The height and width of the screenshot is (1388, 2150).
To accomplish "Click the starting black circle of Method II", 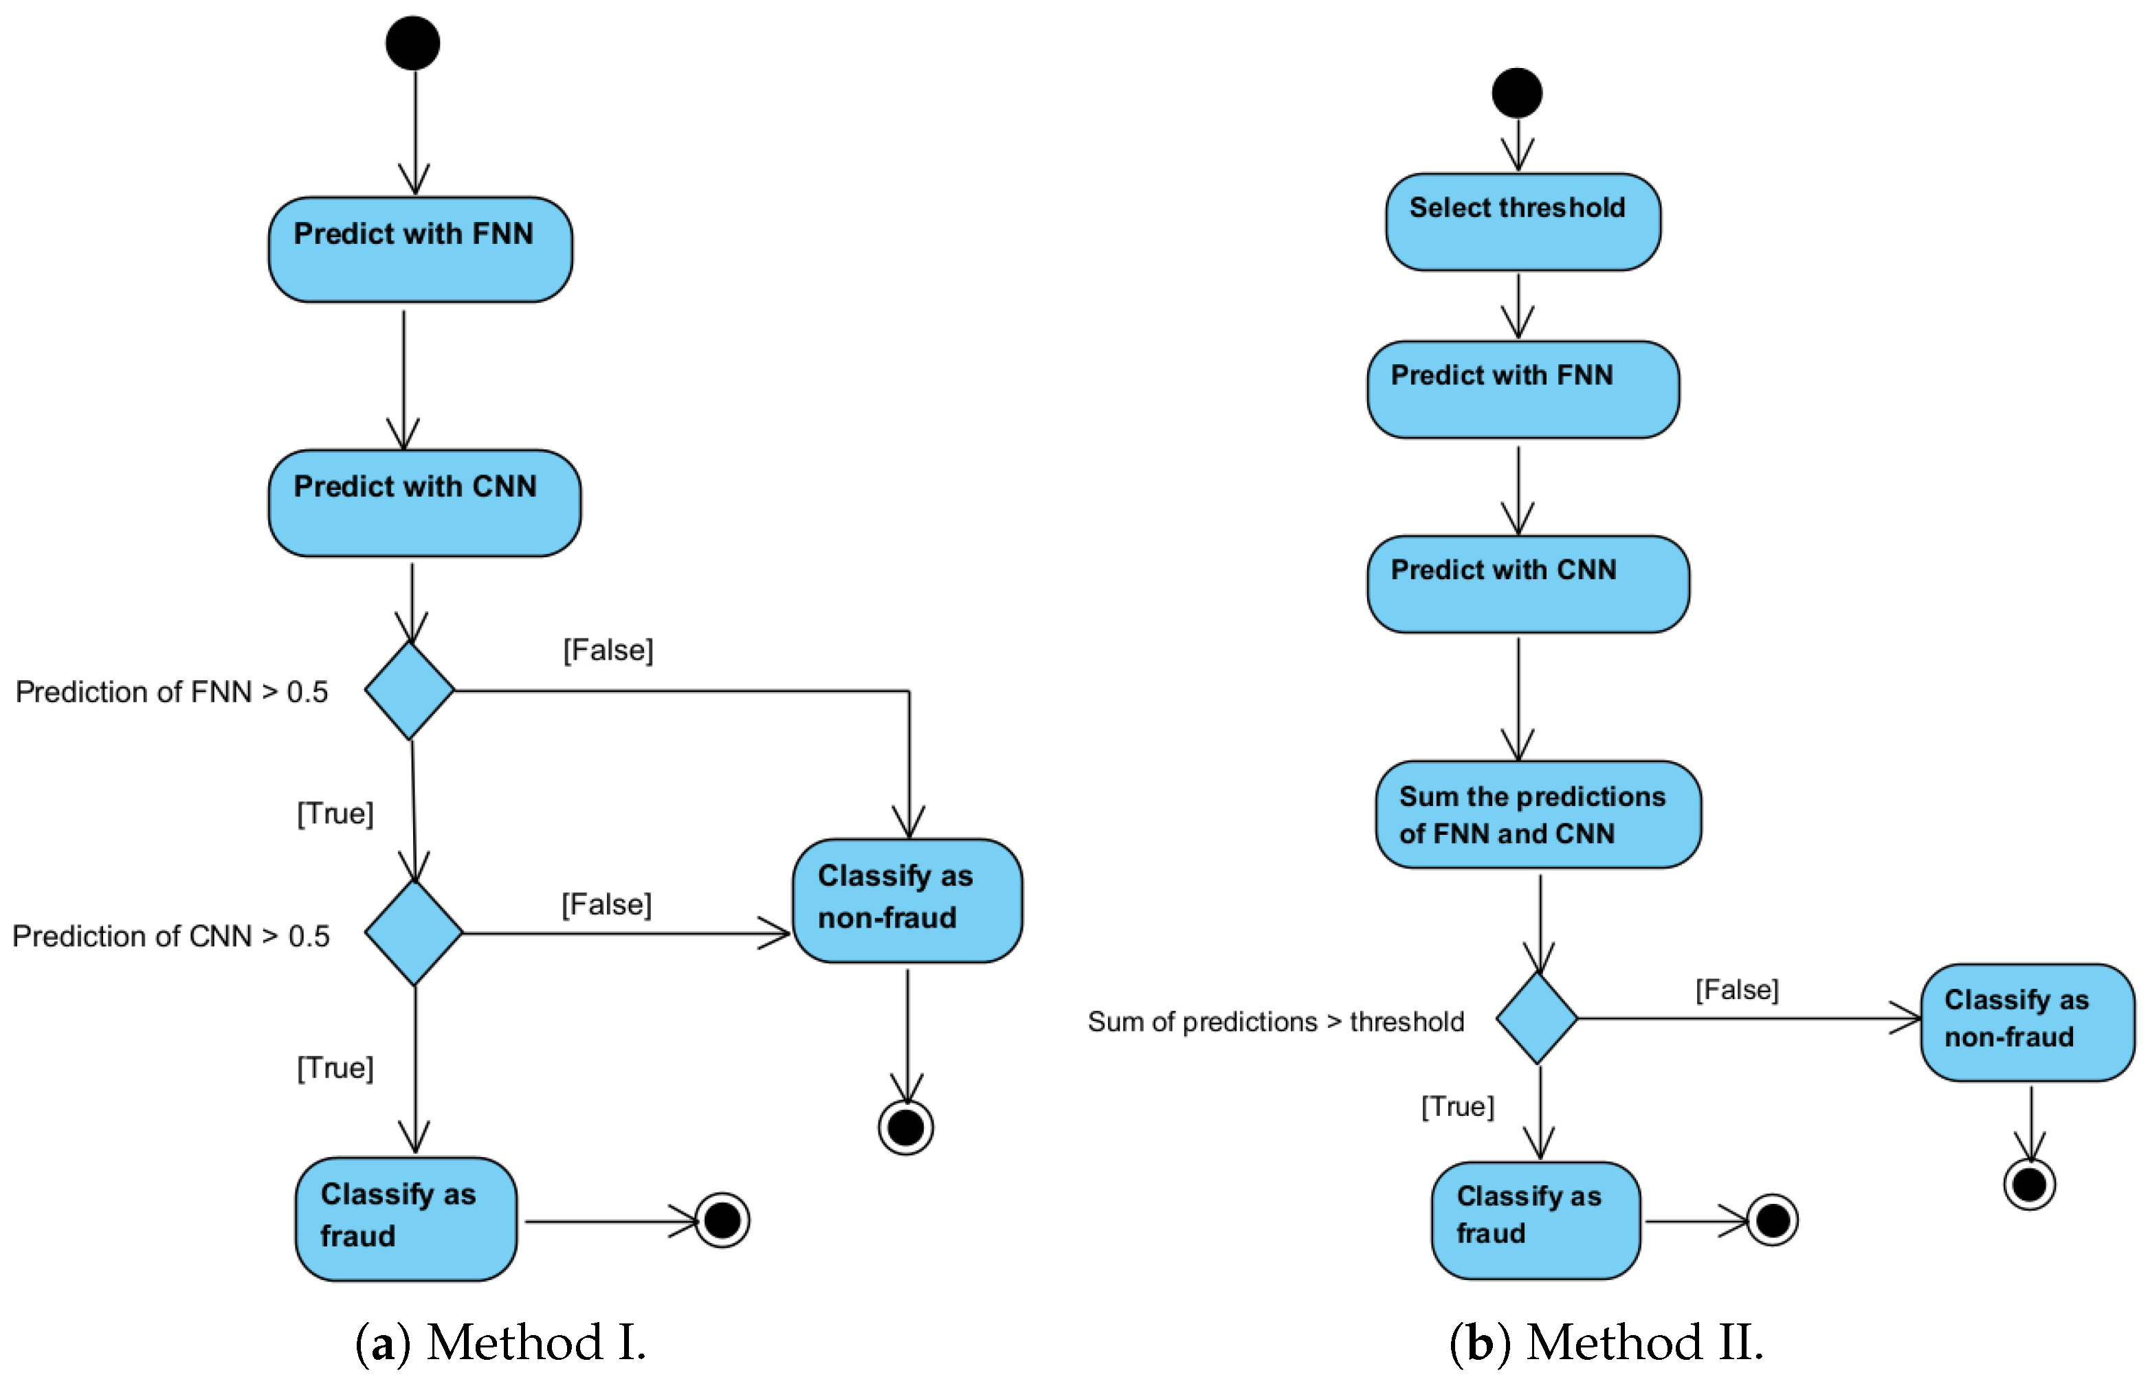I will coord(1516,93).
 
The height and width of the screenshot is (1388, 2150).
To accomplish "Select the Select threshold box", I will coord(1522,222).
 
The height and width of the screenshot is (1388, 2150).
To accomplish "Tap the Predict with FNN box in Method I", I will coord(419,249).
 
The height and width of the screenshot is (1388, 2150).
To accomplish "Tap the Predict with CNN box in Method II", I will coord(1527,584).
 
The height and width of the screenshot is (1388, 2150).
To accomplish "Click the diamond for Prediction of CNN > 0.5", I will coord(414,933).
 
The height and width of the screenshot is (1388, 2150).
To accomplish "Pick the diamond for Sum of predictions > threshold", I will coord(1536,1018).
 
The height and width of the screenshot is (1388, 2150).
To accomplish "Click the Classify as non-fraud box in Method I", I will coord(906,900).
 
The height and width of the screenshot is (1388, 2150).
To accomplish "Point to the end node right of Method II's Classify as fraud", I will coord(1771,1220).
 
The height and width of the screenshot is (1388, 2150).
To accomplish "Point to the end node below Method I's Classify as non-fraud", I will coord(905,1127).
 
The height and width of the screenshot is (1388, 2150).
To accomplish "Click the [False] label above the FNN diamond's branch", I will coord(608,650).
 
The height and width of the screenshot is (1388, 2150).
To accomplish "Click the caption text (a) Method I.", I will coord(500,1342).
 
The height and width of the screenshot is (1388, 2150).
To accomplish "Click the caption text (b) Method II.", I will coord(1606,1342).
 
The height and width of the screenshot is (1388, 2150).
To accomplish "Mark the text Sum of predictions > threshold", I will coord(1275,1021).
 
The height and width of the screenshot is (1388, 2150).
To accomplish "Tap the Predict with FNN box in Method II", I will coord(1522,390).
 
